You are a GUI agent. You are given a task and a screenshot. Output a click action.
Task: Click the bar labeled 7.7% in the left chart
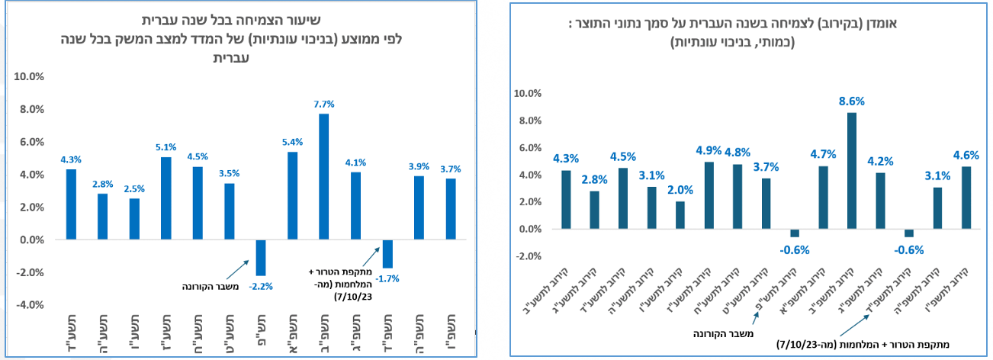click(323, 176)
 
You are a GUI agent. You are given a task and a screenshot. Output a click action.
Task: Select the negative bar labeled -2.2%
click(261, 258)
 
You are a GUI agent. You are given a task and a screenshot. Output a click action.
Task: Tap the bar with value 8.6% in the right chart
click(852, 171)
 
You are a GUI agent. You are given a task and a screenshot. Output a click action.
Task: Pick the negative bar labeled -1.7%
click(387, 253)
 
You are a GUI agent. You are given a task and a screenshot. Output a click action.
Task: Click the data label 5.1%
click(165, 147)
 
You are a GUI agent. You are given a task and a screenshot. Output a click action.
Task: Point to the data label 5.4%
click(292, 142)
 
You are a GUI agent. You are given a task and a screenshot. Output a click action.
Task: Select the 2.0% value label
click(680, 190)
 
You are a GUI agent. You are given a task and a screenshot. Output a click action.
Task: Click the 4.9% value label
click(709, 151)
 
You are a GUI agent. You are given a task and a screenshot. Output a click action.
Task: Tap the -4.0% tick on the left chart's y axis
click(30, 305)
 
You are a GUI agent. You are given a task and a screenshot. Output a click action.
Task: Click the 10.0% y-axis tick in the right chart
click(528, 94)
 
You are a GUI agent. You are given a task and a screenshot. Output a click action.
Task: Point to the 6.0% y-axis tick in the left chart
click(32, 142)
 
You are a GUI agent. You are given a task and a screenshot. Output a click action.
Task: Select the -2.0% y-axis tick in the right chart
click(529, 256)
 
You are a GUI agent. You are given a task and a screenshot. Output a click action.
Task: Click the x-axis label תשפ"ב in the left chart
click(324, 334)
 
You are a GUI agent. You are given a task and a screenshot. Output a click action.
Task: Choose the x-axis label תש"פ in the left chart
click(261, 329)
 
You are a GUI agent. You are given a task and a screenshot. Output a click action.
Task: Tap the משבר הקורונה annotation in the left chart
click(210, 287)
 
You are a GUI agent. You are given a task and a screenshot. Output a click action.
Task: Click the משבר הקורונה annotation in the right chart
click(723, 333)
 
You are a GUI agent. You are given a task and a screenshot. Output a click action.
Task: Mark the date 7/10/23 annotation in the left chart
click(353, 297)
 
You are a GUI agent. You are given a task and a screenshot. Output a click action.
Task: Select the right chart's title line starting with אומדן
click(733, 23)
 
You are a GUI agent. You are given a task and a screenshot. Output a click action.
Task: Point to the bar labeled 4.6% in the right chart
click(966, 198)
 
